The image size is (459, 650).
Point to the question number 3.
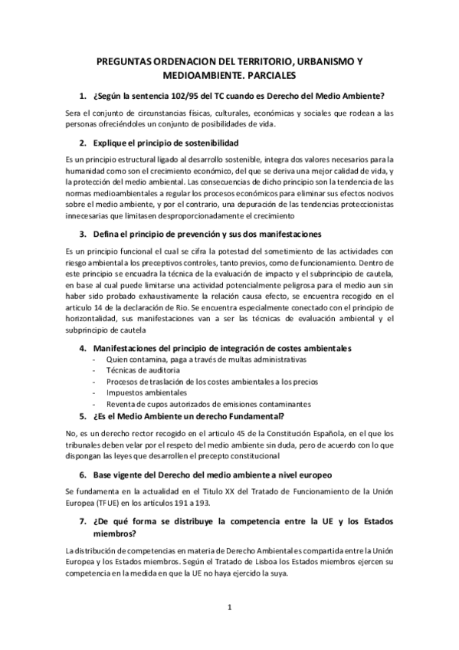point(83,234)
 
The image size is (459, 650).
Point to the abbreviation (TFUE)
point(105,504)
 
